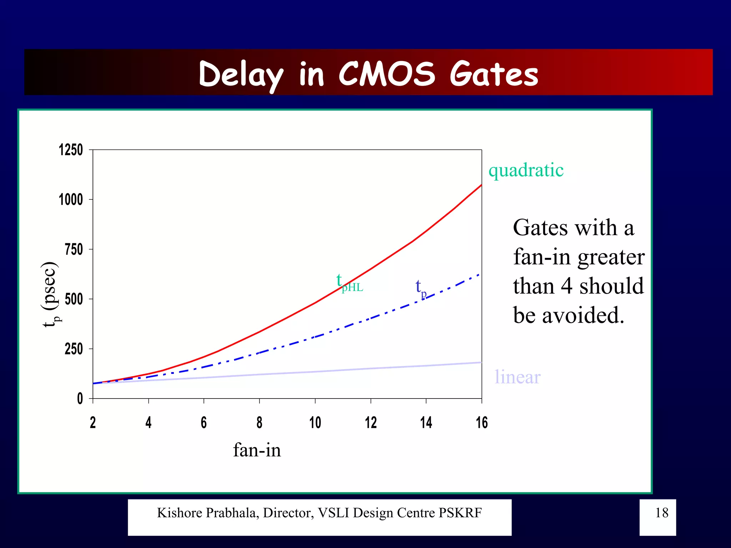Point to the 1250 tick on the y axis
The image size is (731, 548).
[71, 150]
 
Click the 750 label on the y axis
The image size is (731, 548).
[74, 249]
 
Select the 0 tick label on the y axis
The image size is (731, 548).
[80, 399]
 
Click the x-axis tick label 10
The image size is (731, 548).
[315, 423]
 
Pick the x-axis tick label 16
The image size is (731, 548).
[482, 423]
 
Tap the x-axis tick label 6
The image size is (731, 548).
[203, 423]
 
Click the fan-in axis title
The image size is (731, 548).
[257, 450]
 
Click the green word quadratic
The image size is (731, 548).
[526, 170]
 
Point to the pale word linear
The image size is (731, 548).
[517, 377]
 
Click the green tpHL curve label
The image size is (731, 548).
[349, 283]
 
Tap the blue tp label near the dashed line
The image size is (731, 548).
[421, 288]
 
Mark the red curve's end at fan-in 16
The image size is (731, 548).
[481, 186]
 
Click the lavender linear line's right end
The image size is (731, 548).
[480, 362]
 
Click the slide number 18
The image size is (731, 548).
[661, 513]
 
